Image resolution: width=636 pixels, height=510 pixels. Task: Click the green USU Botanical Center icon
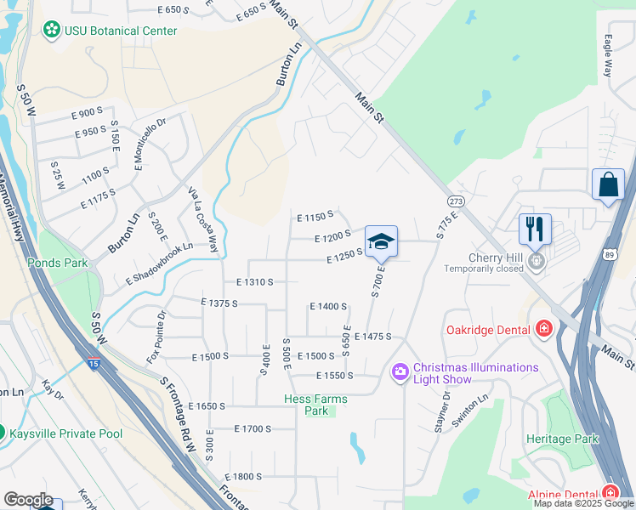click(x=52, y=31)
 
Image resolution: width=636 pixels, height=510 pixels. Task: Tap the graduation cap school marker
click(x=381, y=240)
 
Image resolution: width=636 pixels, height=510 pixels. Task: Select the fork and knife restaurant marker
click(x=535, y=228)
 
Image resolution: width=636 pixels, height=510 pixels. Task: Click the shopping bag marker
click(x=608, y=184)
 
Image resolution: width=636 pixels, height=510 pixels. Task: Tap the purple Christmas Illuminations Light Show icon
click(x=400, y=372)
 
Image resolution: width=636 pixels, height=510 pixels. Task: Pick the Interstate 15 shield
click(x=91, y=363)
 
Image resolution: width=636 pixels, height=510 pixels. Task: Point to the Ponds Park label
click(x=57, y=263)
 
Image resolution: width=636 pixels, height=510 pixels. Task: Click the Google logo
click(x=28, y=500)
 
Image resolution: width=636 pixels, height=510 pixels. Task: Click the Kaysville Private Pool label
click(x=66, y=433)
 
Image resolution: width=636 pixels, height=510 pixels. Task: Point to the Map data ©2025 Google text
click(x=583, y=503)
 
